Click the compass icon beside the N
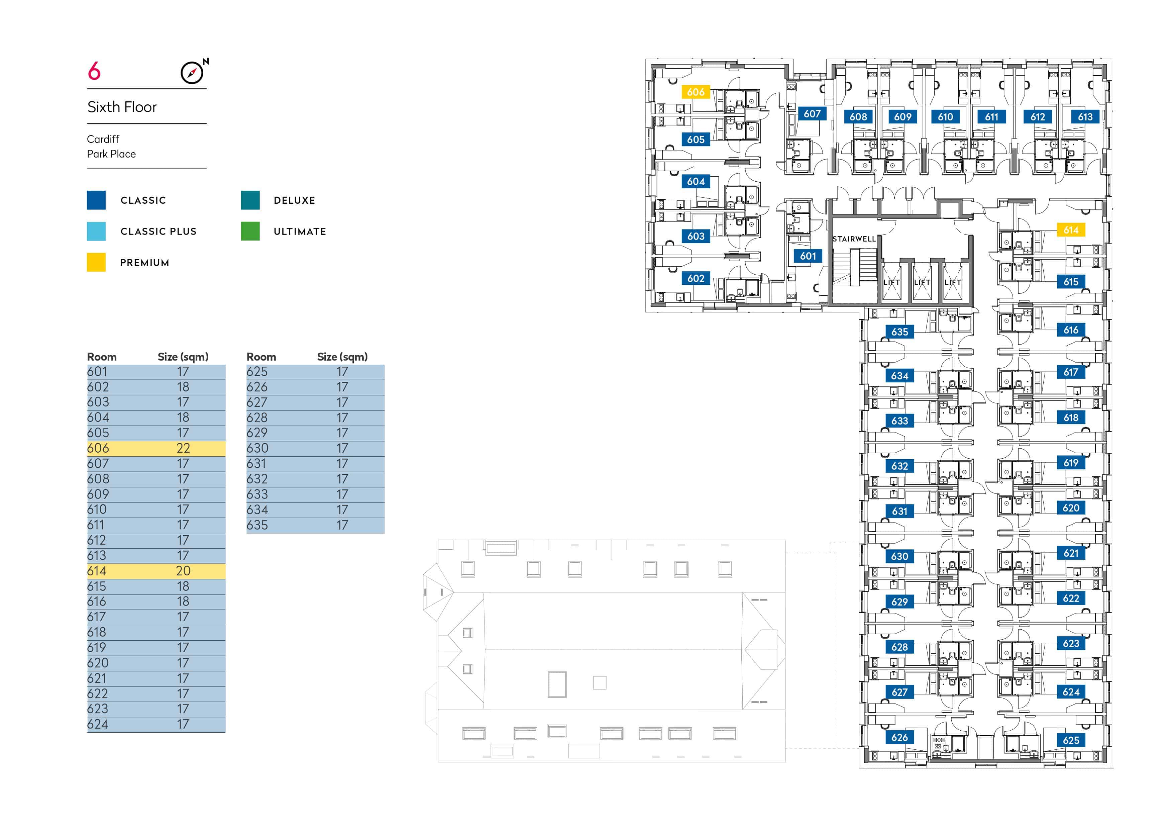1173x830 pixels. pyautogui.click(x=192, y=73)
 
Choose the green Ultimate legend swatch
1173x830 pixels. pyautogui.click(x=250, y=231)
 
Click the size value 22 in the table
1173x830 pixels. pyautogui.click(x=183, y=448)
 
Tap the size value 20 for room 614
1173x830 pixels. pyautogui.click(x=183, y=571)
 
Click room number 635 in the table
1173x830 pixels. pyautogui.click(x=257, y=525)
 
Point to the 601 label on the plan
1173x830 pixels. pyautogui.click(x=808, y=256)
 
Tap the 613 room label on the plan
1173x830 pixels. pyautogui.click(x=1085, y=116)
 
